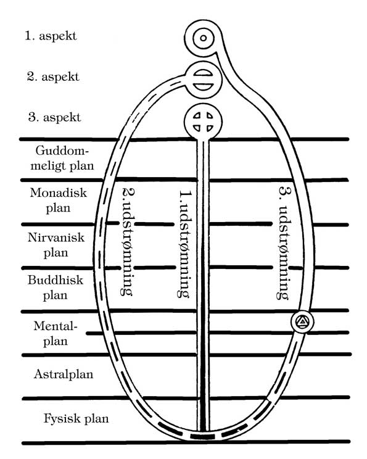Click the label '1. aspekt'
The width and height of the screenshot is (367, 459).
[51, 36]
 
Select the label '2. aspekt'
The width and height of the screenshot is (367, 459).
[53, 76]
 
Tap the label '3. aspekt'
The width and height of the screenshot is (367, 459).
[54, 117]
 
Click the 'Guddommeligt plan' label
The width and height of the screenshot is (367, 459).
[62, 159]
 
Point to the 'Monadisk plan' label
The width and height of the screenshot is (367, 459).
[59, 201]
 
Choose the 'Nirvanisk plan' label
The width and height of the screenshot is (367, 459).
[56, 245]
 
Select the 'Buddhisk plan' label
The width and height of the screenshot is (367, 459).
[56, 287]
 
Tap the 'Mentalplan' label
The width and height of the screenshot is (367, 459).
[56, 333]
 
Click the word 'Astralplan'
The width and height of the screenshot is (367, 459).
[64, 374]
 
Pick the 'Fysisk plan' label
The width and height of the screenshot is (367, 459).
[76, 419]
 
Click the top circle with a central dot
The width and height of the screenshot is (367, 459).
[204, 38]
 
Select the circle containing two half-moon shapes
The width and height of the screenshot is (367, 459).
[203, 80]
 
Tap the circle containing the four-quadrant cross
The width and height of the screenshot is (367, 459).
[203, 121]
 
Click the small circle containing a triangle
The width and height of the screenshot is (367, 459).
[302, 321]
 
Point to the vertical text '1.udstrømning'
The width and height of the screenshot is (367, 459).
[184, 244]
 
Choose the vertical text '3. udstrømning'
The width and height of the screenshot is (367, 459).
[284, 242]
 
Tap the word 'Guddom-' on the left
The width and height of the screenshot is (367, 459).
[62, 151]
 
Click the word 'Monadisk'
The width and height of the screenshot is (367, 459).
[59, 193]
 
